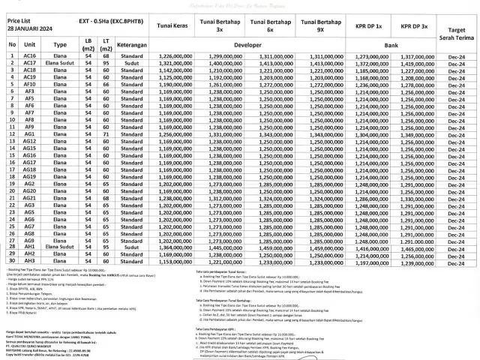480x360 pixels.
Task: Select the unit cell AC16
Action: click(31, 56)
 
